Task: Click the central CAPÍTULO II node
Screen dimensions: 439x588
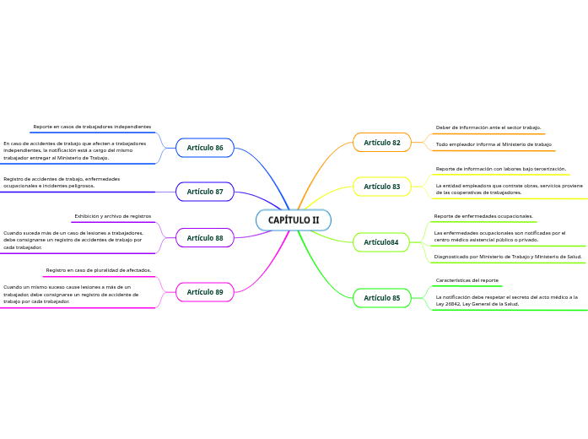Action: [x=294, y=220]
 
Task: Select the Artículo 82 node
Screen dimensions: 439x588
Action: [x=382, y=143]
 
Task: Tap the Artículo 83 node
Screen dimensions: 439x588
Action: [x=382, y=187]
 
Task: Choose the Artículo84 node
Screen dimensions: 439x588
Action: [x=381, y=242]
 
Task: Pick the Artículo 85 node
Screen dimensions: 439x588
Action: [x=382, y=298]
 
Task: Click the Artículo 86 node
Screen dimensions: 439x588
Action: [x=205, y=148]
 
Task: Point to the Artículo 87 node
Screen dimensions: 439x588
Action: [x=205, y=192]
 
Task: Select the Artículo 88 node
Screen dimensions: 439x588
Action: [x=205, y=238]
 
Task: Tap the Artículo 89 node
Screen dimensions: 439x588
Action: [x=205, y=292]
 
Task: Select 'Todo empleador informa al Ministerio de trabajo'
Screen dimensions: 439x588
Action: [x=494, y=144]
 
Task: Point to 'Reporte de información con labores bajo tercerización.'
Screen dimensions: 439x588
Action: [x=500, y=169]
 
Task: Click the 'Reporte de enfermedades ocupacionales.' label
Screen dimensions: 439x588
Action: [x=483, y=216]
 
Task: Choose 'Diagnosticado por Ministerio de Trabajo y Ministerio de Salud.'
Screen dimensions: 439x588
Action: [x=508, y=256]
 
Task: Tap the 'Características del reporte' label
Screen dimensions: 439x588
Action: [x=467, y=279]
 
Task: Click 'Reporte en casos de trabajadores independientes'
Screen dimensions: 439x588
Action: [x=92, y=127]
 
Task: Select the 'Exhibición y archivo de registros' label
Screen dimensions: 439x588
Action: [x=112, y=216]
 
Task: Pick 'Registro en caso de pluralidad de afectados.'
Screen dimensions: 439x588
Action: [x=99, y=270]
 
